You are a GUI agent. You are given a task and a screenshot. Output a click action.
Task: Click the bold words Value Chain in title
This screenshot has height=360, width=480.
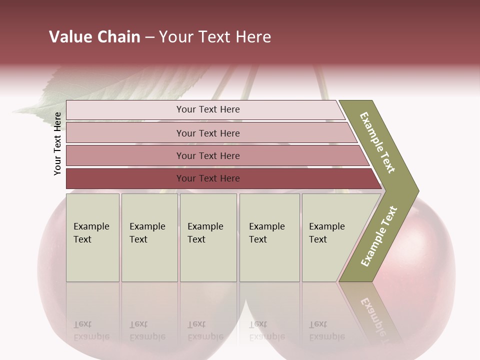[94, 37]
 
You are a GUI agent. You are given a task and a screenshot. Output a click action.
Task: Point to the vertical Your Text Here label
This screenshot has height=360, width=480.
[57, 143]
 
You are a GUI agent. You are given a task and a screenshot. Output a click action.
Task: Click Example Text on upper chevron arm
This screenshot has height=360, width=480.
[377, 142]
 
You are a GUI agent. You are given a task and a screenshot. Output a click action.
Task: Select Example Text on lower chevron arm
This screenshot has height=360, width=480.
[379, 236]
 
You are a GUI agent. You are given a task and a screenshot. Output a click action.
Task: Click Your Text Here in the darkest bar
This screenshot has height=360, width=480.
[208, 178]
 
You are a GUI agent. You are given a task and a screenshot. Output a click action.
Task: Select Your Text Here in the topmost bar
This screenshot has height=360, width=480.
[208, 109]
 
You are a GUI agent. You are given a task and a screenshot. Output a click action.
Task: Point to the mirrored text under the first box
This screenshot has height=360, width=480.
[91, 330]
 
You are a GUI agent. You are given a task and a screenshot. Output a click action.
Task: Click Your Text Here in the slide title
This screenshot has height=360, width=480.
[215, 37]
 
